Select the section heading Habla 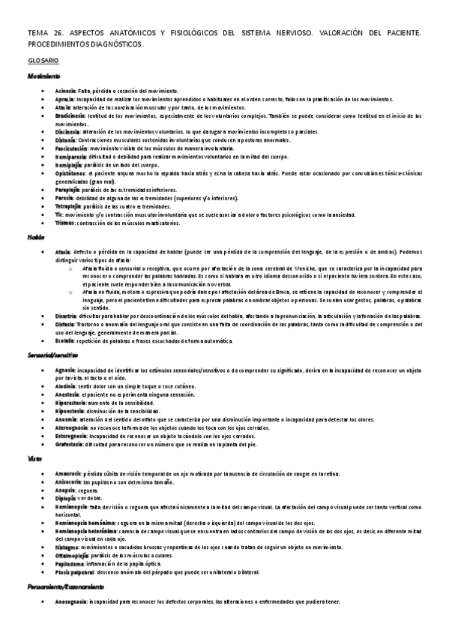(x=35, y=236)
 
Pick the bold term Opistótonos (x=71, y=174)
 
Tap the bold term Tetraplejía (x=69, y=206)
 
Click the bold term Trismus (x=65, y=223)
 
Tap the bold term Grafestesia (x=70, y=444)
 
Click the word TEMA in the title (x=37, y=33)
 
